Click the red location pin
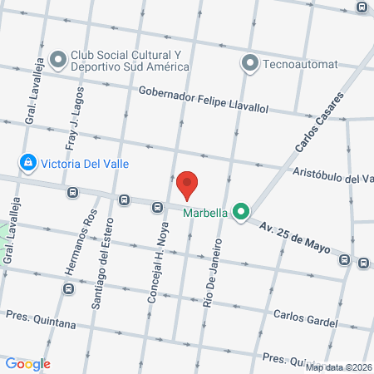click(188, 185)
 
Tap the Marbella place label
click(205, 212)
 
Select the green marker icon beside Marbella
click(241, 213)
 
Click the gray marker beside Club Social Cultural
click(58, 60)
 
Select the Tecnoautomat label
click(300, 63)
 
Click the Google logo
click(28, 363)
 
